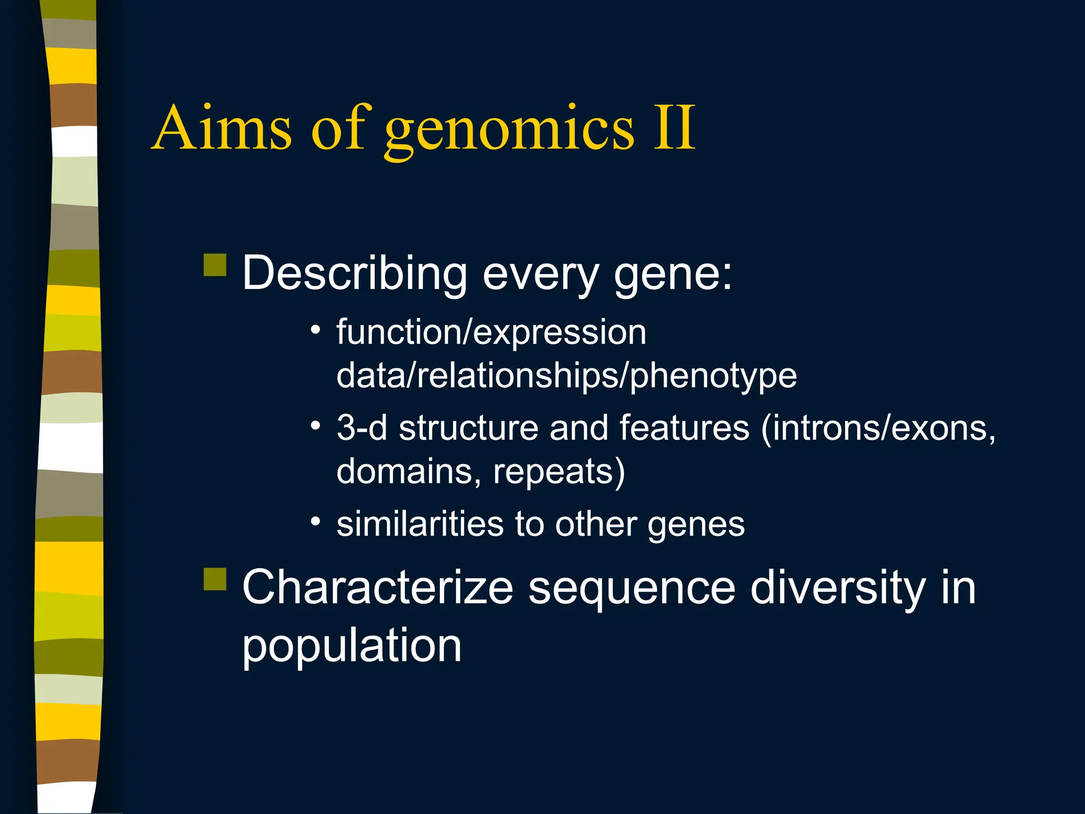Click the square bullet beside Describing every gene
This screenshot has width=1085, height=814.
pos(215,265)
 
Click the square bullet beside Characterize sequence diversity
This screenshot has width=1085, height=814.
pos(215,579)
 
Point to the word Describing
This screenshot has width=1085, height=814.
pos(354,273)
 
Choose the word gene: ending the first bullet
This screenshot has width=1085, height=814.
pos(673,276)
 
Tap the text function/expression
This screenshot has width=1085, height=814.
pos(491,333)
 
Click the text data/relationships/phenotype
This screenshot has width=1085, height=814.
pos(566,376)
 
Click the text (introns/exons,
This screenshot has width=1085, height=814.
pos(878,428)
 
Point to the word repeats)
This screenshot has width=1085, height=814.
pos(559,472)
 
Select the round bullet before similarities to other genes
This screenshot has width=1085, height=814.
pos(316,521)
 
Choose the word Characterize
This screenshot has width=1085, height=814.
pos(378,587)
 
